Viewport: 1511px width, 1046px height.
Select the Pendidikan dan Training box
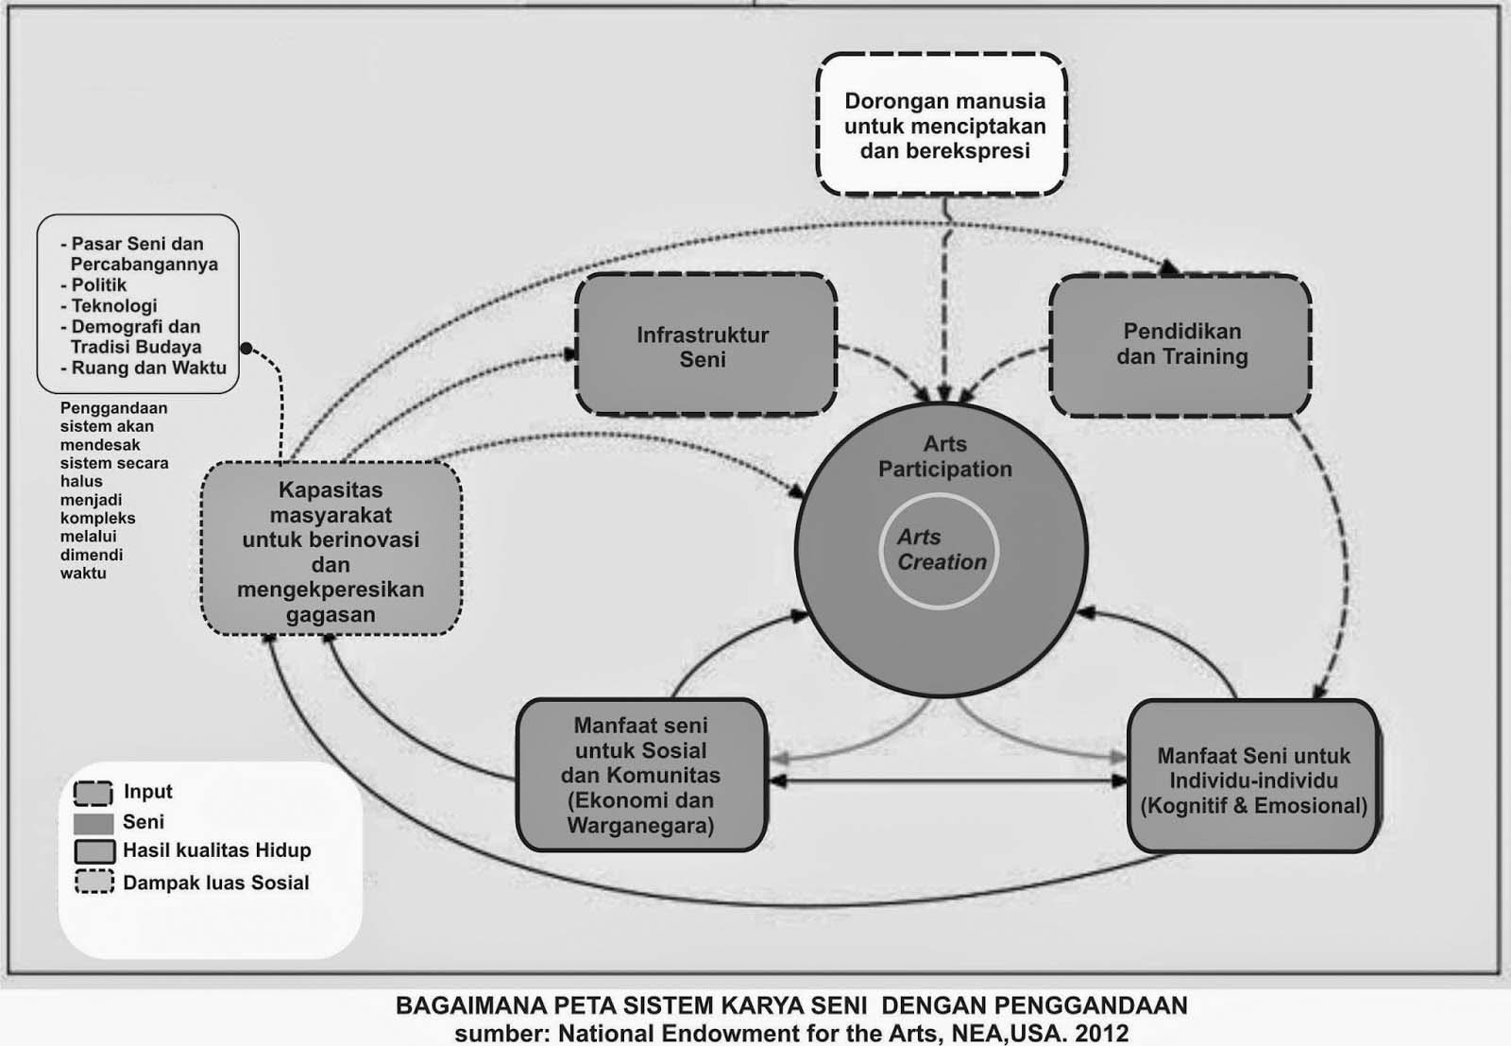coord(1180,345)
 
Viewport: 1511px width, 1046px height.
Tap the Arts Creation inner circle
coord(941,550)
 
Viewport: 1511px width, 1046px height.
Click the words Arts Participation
coord(944,456)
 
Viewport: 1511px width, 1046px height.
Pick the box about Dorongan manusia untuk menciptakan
coord(943,126)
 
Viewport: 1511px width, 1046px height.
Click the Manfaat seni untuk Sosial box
coord(640,775)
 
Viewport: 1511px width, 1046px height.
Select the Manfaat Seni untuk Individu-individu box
coord(1253,779)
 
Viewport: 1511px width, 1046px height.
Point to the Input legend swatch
coord(93,793)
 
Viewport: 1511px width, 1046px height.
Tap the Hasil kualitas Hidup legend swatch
coord(93,851)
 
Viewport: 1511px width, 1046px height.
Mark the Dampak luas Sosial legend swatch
coord(93,883)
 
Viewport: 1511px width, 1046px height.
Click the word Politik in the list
coord(99,285)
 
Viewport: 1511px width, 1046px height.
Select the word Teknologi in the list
coord(114,306)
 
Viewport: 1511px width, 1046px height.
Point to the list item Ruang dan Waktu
coord(148,369)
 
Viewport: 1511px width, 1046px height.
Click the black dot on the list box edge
coord(246,349)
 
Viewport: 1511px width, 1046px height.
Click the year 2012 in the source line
coord(1101,1033)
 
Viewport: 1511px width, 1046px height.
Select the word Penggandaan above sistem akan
coord(113,408)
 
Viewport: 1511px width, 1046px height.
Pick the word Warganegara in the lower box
coord(640,825)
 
